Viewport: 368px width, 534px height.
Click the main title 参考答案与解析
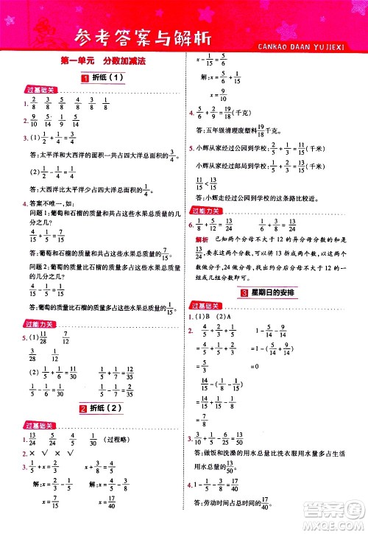[158, 35]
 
